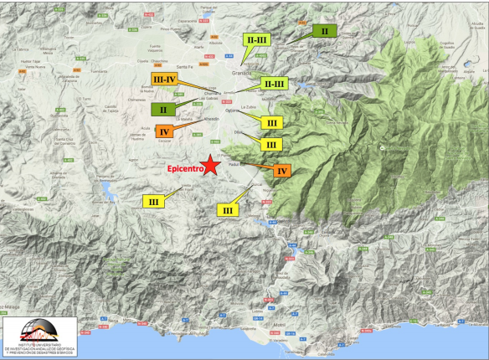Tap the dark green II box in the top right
click(x=323, y=31)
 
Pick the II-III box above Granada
click(x=255, y=39)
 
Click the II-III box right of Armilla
click(x=274, y=84)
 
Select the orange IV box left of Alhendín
click(x=164, y=131)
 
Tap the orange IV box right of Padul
click(x=283, y=171)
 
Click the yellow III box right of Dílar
click(x=270, y=144)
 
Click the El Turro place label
click(x=85, y=98)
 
